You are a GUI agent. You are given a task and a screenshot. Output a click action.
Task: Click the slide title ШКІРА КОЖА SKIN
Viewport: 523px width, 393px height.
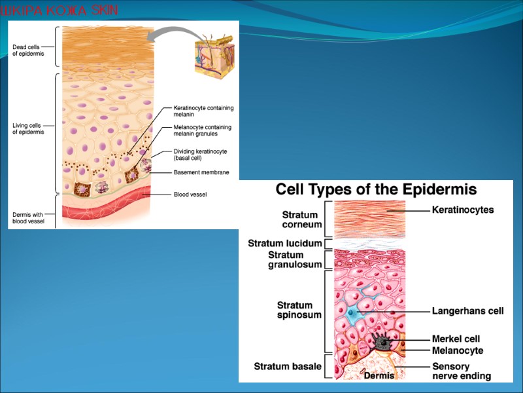pyautogui.click(x=59, y=10)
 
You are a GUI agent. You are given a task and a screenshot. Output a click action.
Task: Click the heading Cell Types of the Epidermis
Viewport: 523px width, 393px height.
pyautogui.click(x=376, y=190)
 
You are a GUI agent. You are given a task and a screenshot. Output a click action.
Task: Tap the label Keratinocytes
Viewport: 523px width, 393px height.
pyautogui.click(x=463, y=210)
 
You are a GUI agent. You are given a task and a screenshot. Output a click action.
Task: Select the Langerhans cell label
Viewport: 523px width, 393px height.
pyautogui.click(x=467, y=311)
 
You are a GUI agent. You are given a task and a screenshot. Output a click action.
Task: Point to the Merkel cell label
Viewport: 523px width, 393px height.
pyautogui.click(x=456, y=339)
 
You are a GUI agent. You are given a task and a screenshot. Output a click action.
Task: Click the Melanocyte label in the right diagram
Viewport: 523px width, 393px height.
pyautogui.click(x=458, y=350)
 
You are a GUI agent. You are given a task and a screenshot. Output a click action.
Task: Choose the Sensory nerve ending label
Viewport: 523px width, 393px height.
pyautogui.click(x=462, y=371)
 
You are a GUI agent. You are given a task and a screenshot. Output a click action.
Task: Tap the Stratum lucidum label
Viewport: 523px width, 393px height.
pyautogui.click(x=285, y=243)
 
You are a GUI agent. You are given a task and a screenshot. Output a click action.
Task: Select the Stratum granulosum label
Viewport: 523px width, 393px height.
pyautogui.click(x=295, y=259)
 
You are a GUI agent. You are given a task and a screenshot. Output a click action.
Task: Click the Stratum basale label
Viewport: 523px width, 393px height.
pyautogui.click(x=288, y=366)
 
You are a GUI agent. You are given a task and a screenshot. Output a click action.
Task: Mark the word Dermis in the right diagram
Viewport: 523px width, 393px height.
pyautogui.click(x=379, y=375)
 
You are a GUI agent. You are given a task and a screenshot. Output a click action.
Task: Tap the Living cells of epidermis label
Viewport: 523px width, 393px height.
pyautogui.click(x=29, y=128)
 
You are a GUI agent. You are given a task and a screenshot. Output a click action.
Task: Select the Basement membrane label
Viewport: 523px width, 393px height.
pyautogui.click(x=201, y=172)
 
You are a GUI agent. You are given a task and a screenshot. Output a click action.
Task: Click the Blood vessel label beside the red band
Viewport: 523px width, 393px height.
pyautogui.click(x=190, y=194)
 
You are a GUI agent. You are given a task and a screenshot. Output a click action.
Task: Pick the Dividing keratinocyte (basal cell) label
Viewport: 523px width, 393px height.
pyautogui.click(x=200, y=155)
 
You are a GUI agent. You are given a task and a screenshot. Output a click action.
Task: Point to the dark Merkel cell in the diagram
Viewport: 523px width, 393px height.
pyautogui.click(x=380, y=341)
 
